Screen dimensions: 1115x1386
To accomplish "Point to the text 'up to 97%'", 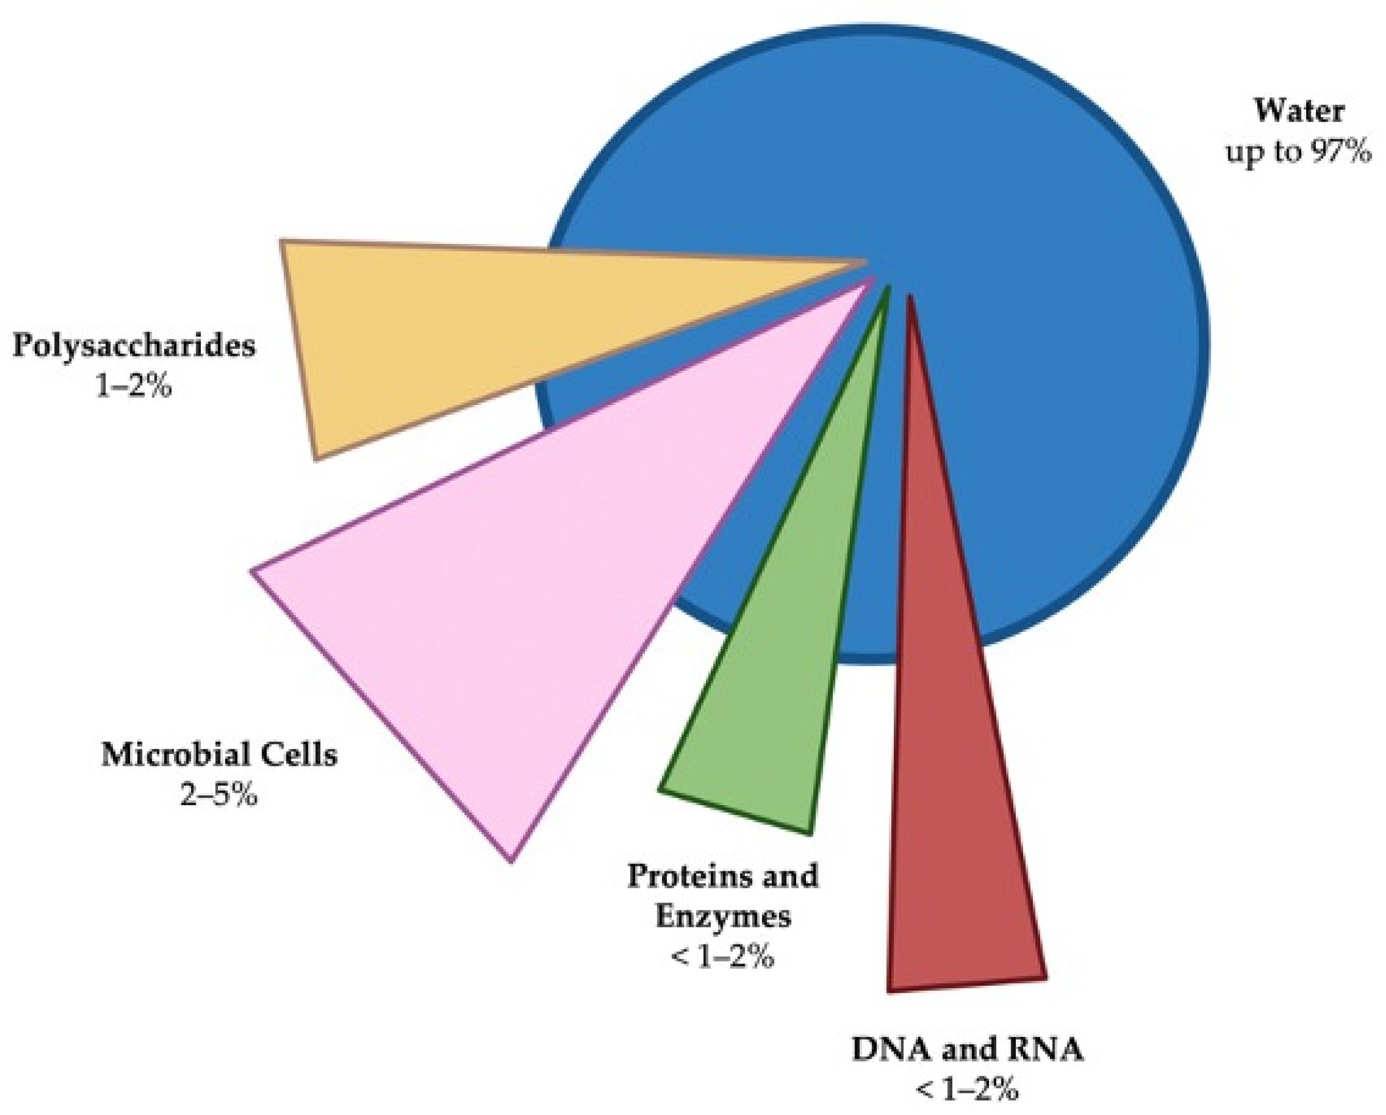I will click(x=1299, y=152).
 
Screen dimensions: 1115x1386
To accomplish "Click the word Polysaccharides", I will click(x=134, y=345).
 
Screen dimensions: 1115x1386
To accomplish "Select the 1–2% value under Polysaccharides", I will click(x=134, y=387).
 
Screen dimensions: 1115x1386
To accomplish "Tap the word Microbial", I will click(x=173, y=755).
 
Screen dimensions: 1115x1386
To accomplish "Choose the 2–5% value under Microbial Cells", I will click(x=219, y=796).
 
